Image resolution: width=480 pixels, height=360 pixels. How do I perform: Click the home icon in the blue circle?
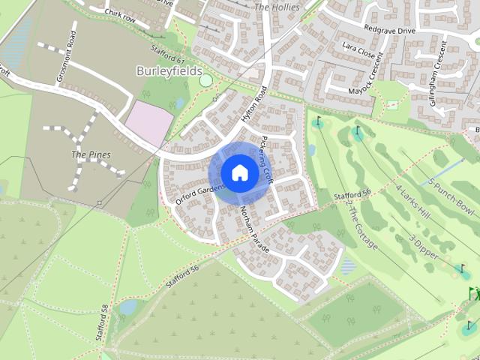(x=239, y=172)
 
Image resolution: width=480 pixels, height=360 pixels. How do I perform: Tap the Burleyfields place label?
(x=169, y=70)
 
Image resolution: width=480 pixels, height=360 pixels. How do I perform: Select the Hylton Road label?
(x=254, y=106)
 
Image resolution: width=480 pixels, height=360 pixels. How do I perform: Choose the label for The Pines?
(x=91, y=154)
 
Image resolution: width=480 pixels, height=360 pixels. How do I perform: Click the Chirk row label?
(x=119, y=13)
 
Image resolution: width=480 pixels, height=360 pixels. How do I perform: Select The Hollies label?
(x=277, y=7)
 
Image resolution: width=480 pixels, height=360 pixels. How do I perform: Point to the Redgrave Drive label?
(x=388, y=30)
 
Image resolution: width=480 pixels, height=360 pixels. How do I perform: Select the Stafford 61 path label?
(x=168, y=55)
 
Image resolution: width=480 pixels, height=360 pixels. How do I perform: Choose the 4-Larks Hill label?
(x=412, y=202)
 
